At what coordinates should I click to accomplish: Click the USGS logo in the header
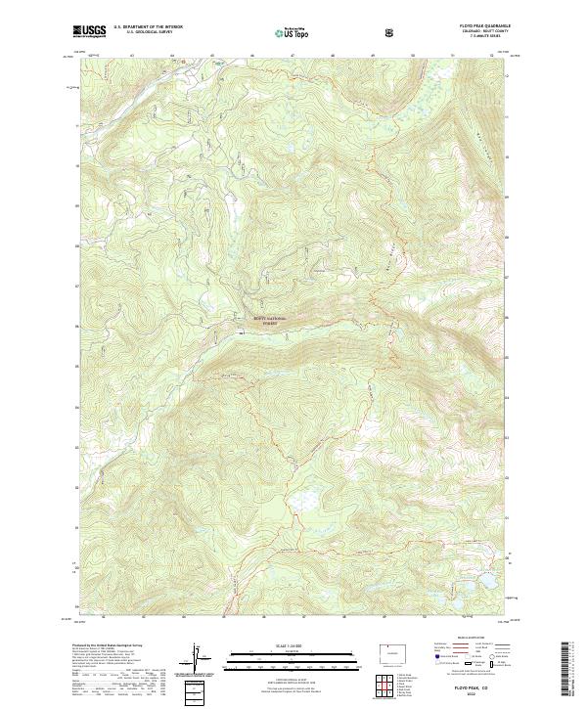point(89,32)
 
